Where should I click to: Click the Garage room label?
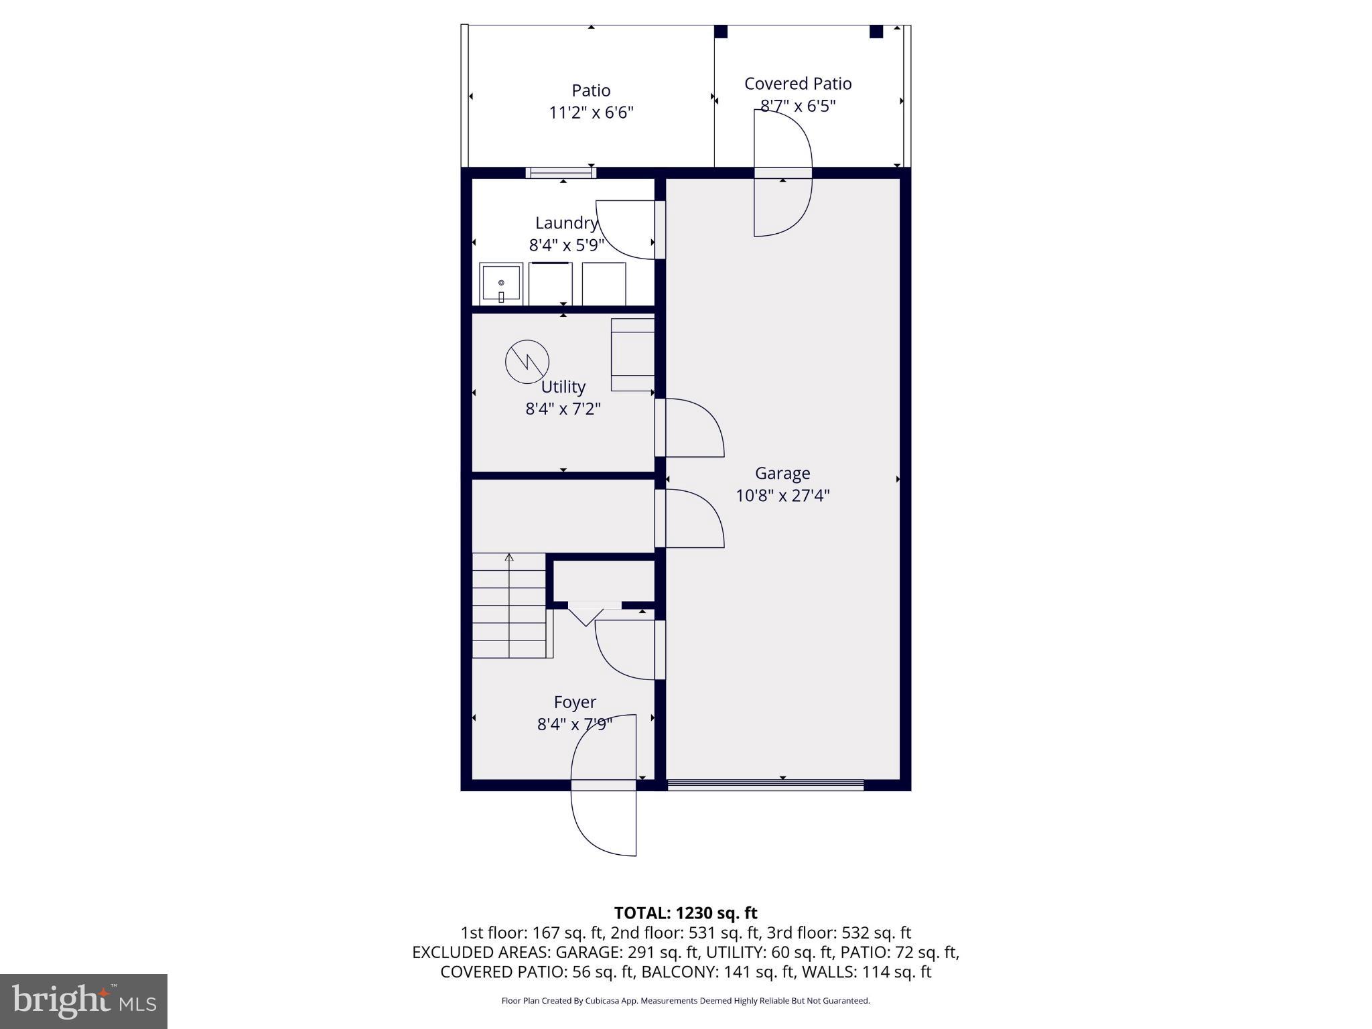pos(782,473)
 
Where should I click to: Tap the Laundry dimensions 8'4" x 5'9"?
pos(566,245)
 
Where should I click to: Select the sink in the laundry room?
pos(501,284)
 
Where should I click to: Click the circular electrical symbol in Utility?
pos(527,362)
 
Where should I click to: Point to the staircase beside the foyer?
pos(510,606)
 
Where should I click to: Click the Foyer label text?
pos(575,702)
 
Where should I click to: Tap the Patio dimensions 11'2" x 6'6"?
pos(591,113)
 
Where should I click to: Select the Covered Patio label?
pos(798,84)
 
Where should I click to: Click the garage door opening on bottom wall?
pos(765,785)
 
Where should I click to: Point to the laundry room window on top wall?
pos(561,173)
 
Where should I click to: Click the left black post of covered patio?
pos(721,31)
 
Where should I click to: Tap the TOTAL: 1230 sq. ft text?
pos(685,913)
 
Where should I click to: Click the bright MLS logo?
pos(84,1001)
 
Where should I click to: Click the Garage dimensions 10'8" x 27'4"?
pos(782,496)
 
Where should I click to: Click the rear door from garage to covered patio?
pos(782,173)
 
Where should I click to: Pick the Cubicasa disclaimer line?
pos(685,1001)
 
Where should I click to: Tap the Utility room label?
pos(563,387)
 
